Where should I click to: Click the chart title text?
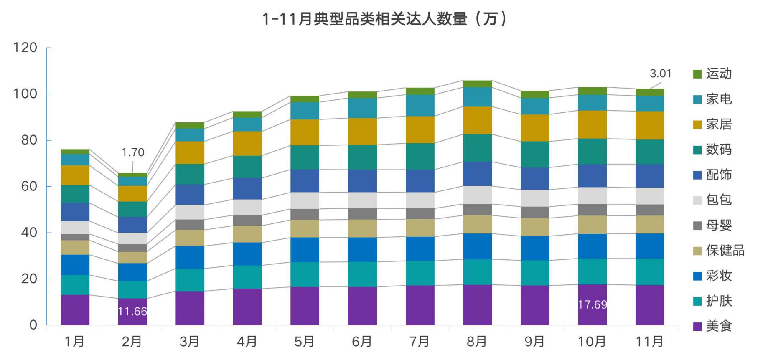[x=384, y=19]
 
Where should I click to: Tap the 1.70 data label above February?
[x=133, y=152]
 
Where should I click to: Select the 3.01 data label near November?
[x=660, y=74]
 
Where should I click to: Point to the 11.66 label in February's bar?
[x=132, y=312]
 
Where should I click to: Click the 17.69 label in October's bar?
[x=592, y=305]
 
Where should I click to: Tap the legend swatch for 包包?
[x=697, y=200]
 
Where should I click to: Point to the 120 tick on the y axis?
[x=25, y=48]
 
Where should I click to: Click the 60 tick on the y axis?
[x=29, y=186]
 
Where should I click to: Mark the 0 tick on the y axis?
[x=33, y=325]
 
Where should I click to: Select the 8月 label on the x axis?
[x=477, y=342]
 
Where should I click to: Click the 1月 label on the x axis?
[x=74, y=342]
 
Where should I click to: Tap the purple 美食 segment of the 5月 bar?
[x=305, y=306]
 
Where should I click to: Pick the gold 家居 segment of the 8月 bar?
[x=477, y=120]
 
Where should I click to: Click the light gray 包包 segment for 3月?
[x=190, y=212]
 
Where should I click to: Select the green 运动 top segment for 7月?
[x=420, y=91]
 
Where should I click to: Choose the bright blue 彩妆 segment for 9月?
[x=535, y=248]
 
